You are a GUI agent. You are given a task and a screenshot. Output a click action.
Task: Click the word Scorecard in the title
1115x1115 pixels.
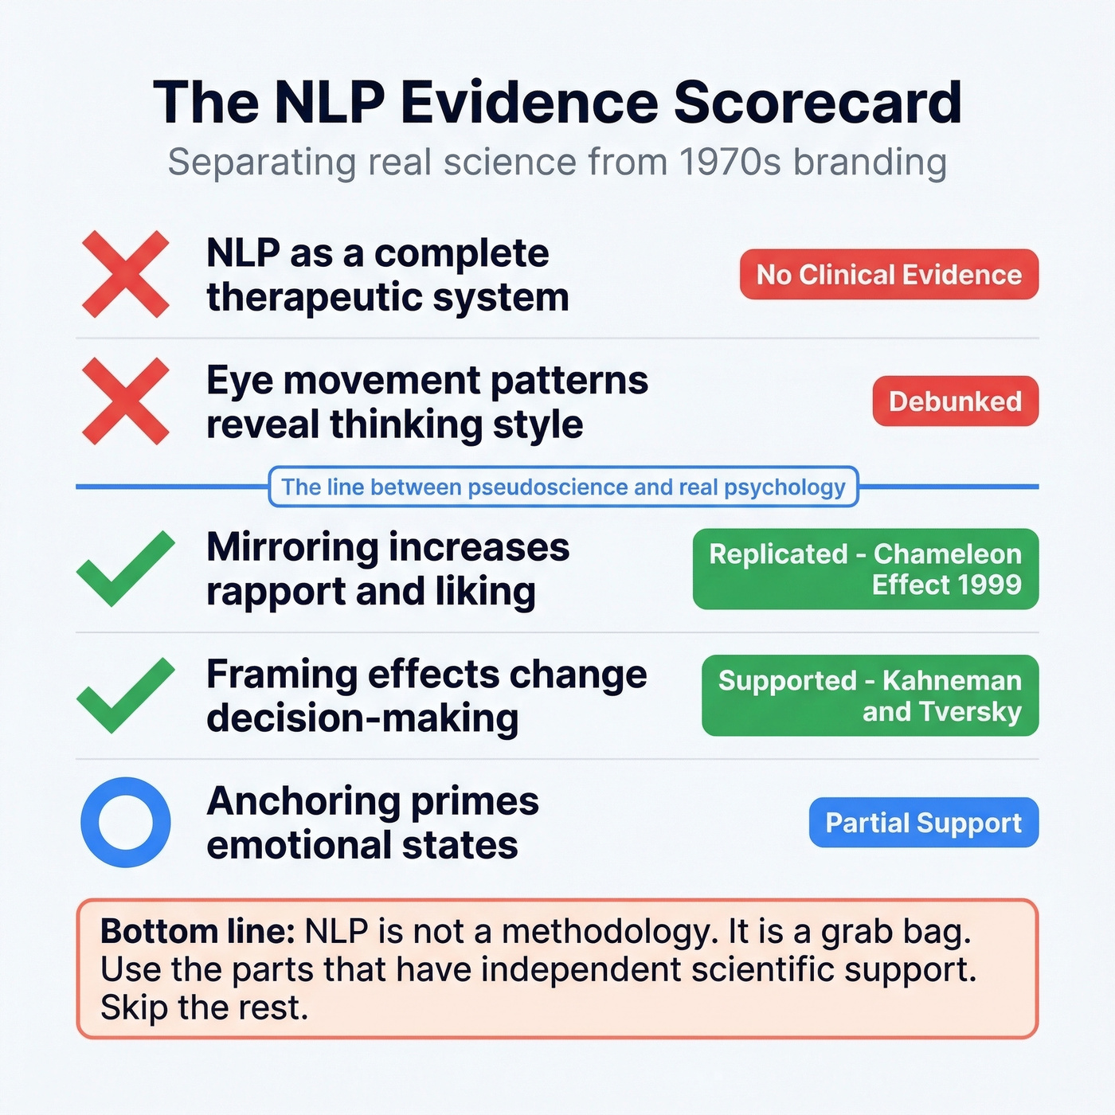pyautogui.click(x=818, y=103)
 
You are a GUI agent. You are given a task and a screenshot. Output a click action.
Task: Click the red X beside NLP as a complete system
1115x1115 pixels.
pyautogui.click(x=126, y=274)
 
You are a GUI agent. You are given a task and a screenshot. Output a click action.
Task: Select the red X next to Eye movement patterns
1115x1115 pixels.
pyautogui.click(x=126, y=401)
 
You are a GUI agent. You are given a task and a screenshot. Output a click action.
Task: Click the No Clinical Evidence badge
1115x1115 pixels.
pyautogui.click(x=889, y=275)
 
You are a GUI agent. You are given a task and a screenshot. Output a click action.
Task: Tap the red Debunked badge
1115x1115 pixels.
pyautogui.click(x=955, y=401)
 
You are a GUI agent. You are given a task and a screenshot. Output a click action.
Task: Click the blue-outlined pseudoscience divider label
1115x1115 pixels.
pyautogui.click(x=563, y=487)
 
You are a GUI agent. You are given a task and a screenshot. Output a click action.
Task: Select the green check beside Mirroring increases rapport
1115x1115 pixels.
pyautogui.click(x=126, y=569)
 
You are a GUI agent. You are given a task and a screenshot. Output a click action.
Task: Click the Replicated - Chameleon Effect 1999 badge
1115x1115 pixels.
pyautogui.click(x=866, y=569)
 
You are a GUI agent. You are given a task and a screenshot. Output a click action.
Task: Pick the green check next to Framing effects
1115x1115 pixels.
pyautogui.click(x=126, y=695)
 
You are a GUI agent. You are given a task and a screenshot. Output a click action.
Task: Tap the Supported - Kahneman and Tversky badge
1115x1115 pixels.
pyautogui.click(x=870, y=695)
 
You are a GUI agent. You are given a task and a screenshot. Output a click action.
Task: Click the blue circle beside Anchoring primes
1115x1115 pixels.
pyautogui.click(x=126, y=822)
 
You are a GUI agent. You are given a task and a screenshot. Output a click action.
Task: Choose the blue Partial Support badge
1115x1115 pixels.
pyautogui.click(x=923, y=823)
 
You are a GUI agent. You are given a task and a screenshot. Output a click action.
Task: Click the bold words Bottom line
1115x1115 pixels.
pyautogui.click(x=198, y=932)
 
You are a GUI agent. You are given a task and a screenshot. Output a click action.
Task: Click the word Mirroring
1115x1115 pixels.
pyautogui.click(x=291, y=548)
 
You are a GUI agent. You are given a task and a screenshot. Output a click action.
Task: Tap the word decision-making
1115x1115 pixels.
pyautogui.click(x=362, y=718)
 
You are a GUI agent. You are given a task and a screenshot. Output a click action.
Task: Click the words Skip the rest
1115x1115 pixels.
pyautogui.click(x=204, y=1008)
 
